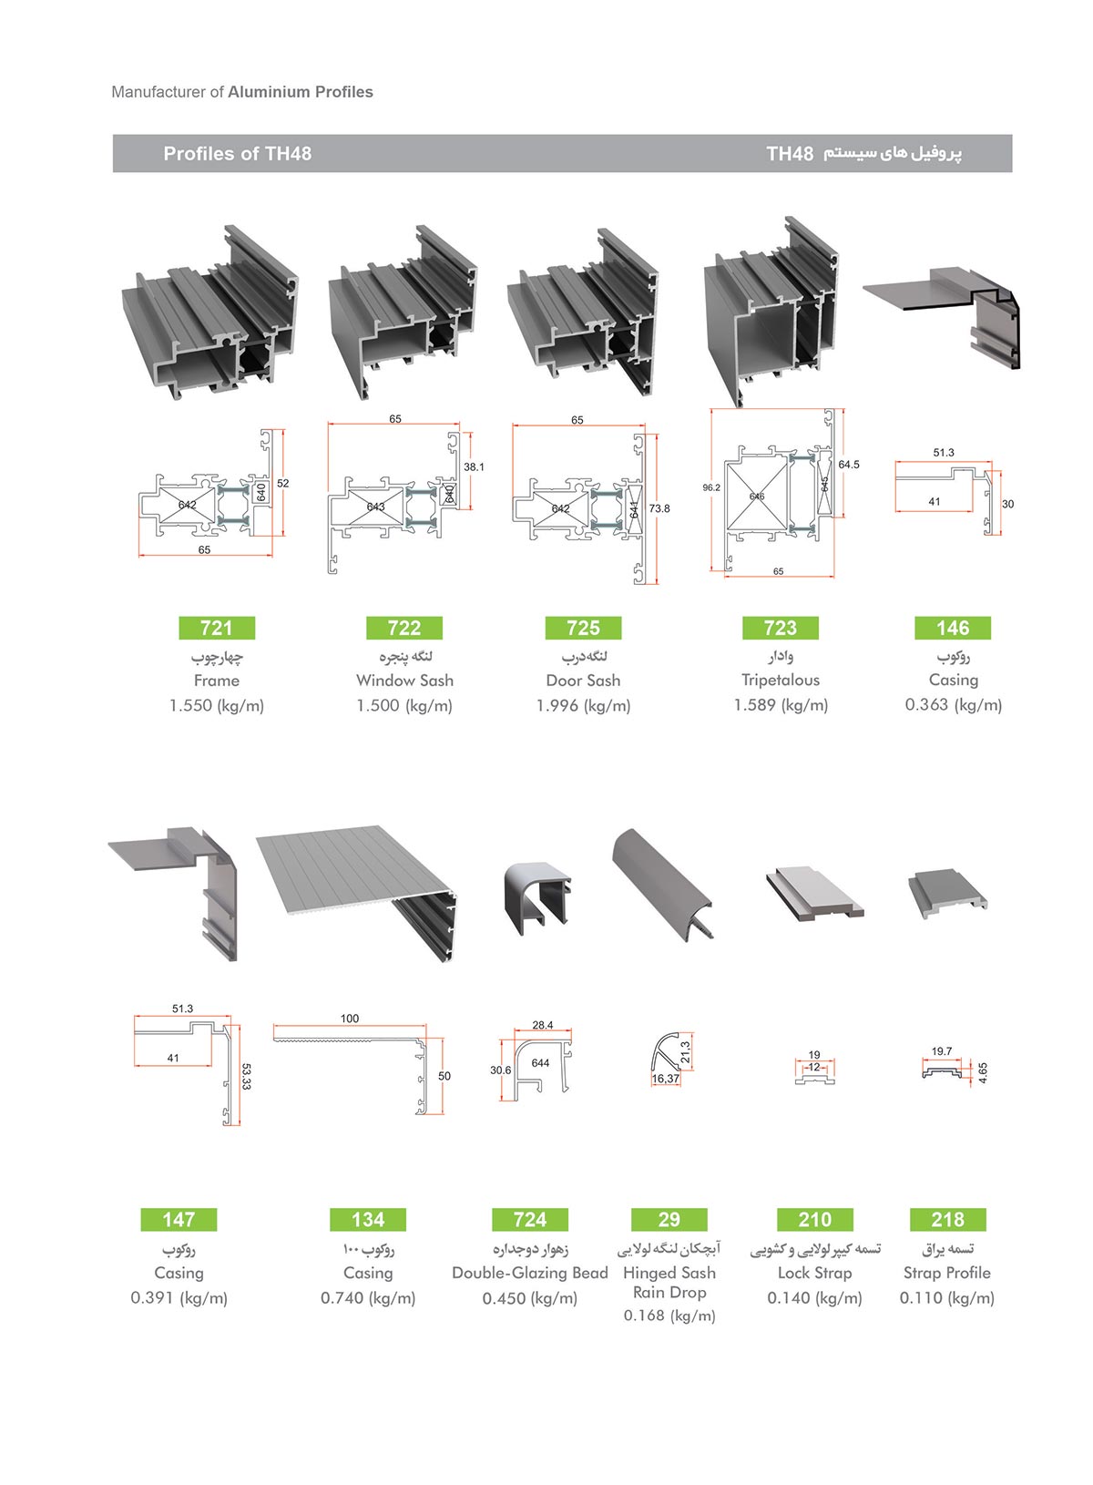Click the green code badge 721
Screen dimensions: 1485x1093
click(x=216, y=628)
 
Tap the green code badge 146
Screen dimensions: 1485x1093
click(x=952, y=628)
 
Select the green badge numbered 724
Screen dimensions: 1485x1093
click(x=529, y=1219)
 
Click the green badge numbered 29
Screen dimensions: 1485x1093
click(x=669, y=1219)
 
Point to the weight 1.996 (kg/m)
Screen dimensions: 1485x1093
click(x=583, y=705)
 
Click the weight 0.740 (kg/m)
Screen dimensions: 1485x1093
click(x=368, y=1297)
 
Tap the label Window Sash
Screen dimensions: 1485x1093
click(x=404, y=681)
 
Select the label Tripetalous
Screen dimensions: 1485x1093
click(x=780, y=680)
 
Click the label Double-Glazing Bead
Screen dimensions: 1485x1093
click(x=529, y=1273)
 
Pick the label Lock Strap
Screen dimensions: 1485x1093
click(x=814, y=1273)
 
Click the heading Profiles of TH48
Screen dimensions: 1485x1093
click(x=237, y=154)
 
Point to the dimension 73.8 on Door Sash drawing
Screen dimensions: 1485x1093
click(x=659, y=508)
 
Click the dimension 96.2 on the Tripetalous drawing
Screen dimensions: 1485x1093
click(x=711, y=487)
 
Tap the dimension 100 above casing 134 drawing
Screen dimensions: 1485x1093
click(x=350, y=1019)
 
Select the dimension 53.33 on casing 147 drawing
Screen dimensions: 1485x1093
click(x=246, y=1076)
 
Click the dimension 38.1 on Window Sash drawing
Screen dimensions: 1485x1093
click(x=474, y=466)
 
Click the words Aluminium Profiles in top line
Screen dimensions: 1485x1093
click(x=301, y=92)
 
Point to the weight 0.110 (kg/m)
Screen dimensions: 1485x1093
click(x=946, y=1297)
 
